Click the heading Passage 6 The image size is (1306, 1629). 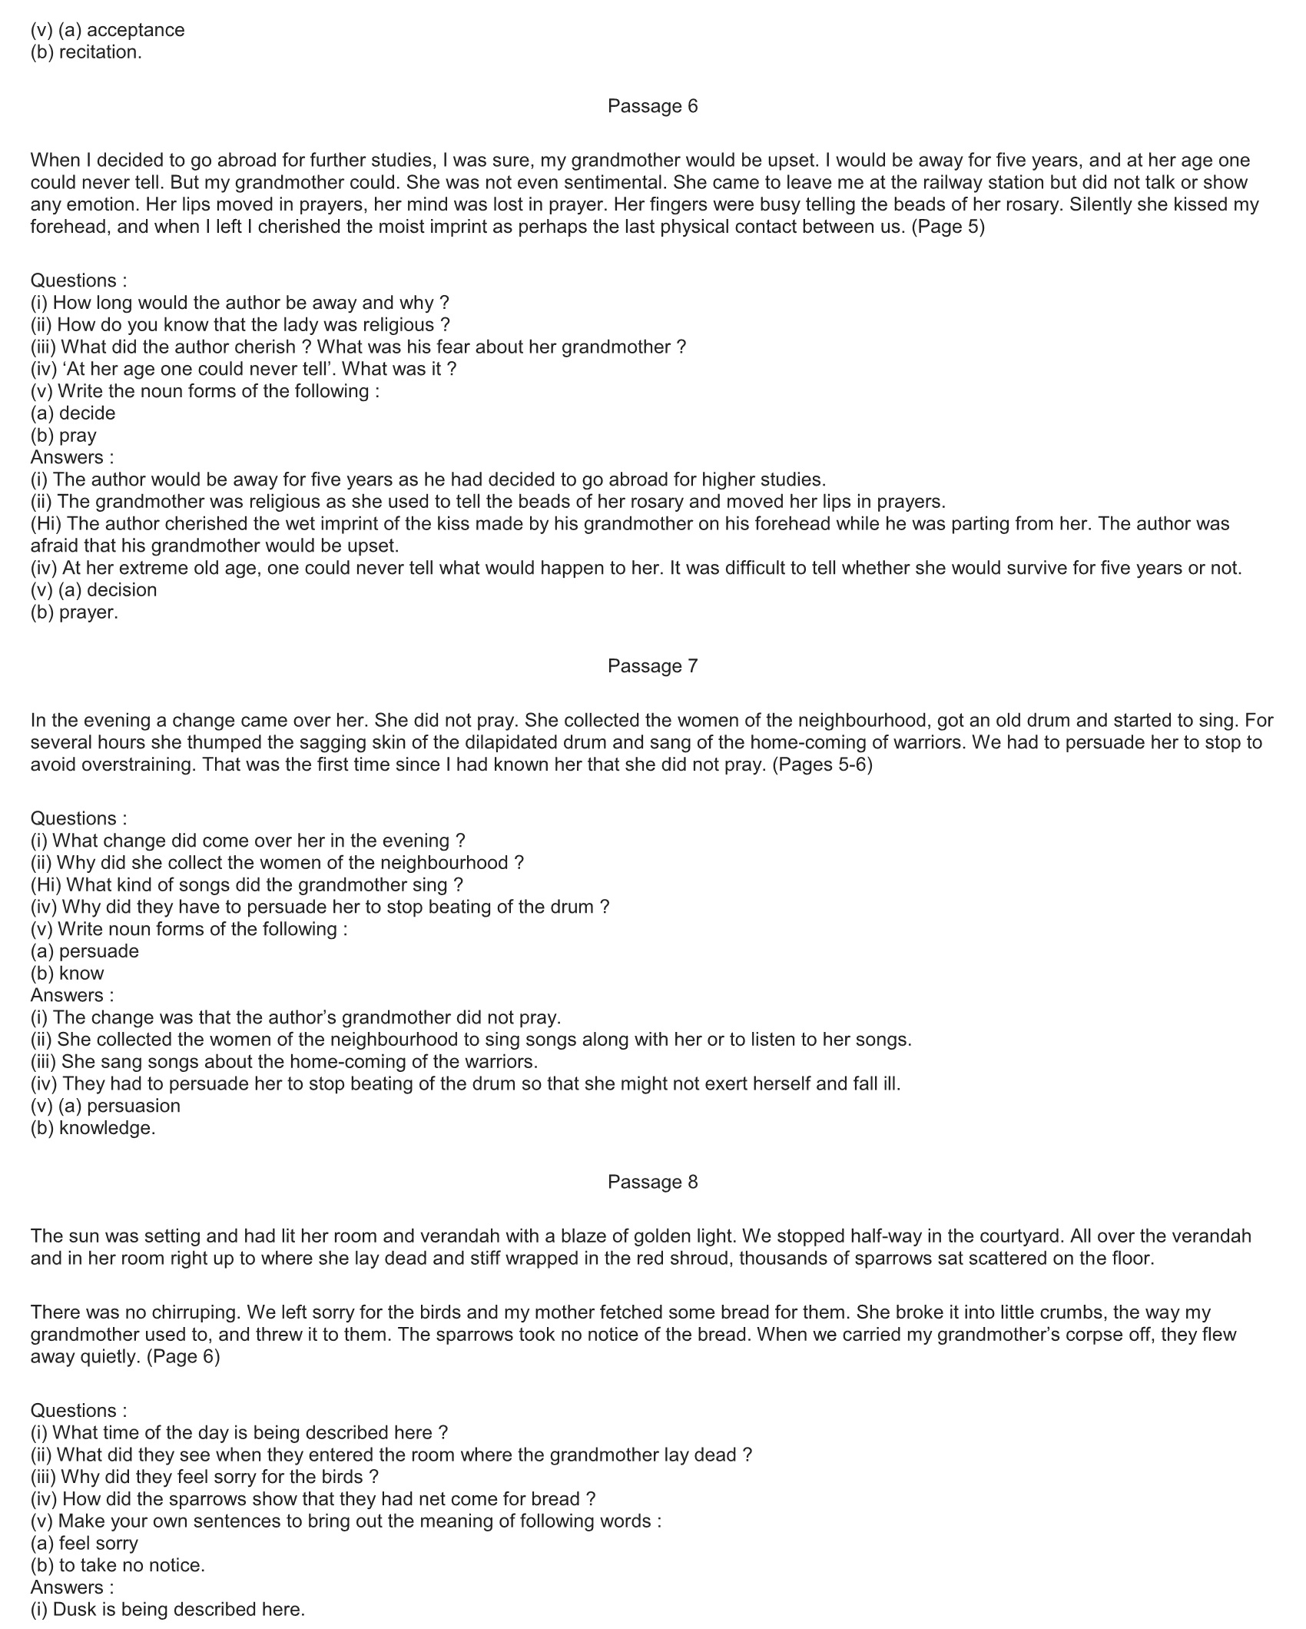point(652,106)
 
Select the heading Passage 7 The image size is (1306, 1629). point(652,665)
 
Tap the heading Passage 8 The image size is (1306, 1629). point(652,1182)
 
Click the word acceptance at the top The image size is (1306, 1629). point(136,30)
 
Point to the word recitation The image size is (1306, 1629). point(100,52)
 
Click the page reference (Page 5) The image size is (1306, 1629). point(947,227)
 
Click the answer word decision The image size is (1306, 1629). point(121,590)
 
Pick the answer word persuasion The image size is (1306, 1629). point(134,1106)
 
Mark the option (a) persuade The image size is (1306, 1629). point(85,951)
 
